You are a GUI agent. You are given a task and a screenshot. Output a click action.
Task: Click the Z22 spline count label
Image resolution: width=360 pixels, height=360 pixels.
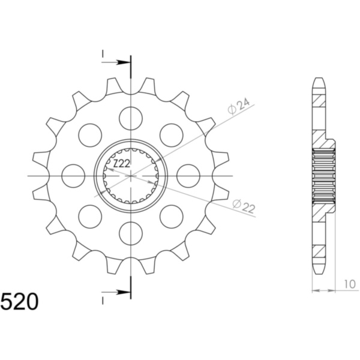[122, 163]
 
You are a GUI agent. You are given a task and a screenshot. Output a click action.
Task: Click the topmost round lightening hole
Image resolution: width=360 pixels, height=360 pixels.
[131, 118]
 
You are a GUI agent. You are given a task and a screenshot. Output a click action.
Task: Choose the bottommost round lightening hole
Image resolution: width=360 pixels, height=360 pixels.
[131, 233]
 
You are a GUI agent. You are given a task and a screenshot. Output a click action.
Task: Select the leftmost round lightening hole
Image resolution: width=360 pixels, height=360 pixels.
[73, 175]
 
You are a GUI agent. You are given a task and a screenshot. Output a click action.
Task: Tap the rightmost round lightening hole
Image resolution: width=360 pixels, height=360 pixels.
[188, 175]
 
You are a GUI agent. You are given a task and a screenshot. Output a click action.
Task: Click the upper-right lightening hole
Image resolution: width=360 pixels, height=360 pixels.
[172, 135]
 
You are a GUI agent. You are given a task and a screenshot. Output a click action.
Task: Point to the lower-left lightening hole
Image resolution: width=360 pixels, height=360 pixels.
[90, 216]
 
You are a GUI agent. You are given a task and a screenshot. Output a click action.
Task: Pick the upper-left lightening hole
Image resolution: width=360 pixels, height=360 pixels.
[90, 135]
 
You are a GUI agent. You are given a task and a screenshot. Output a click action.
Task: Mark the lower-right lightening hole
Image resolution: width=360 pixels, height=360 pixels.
[172, 216]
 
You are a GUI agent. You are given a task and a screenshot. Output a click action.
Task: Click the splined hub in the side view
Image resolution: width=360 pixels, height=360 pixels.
[323, 175]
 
